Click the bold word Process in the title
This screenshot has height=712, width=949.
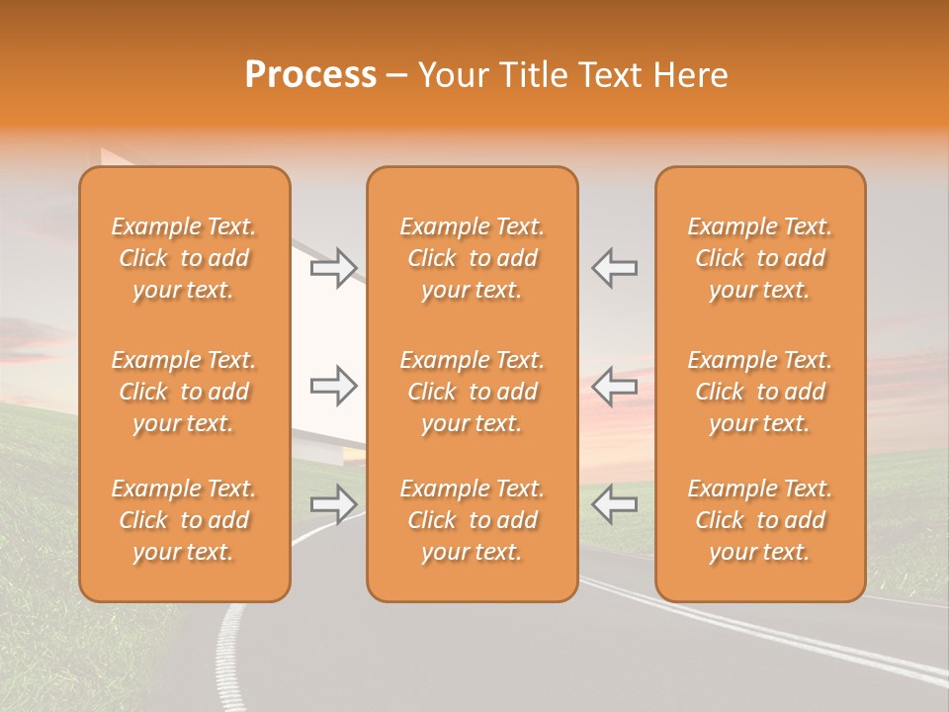pyautogui.click(x=310, y=75)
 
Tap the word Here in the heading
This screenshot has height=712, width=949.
pyautogui.click(x=689, y=75)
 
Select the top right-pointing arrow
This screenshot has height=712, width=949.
pyautogui.click(x=334, y=268)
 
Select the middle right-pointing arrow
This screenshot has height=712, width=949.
pyautogui.click(x=334, y=386)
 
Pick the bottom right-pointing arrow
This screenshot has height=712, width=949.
pyautogui.click(x=334, y=504)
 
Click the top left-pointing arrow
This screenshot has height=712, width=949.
pyautogui.click(x=614, y=268)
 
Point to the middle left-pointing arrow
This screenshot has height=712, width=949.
pyautogui.click(x=614, y=386)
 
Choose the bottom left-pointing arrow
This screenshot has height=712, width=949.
pyautogui.click(x=614, y=504)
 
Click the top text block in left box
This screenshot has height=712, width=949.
pyautogui.click(x=184, y=258)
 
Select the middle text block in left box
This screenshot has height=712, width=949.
pyautogui.click(x=184, y=392)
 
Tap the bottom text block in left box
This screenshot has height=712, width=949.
pyautogui.click(x=184, y=520)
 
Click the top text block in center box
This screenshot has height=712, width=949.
pyautogui.click(x=472, y=258)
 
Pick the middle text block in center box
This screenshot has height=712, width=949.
pyautogui.click(x=472, y=392)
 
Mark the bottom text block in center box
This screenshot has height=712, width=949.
pyautogui.click(x=472, y=520)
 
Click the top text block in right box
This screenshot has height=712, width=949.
pyautogui.click(x=760, y=258)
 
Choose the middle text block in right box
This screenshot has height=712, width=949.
pyautogui.click(x=760, y=392)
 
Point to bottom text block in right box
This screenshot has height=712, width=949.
pyautogui.click(x=760, y=520)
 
